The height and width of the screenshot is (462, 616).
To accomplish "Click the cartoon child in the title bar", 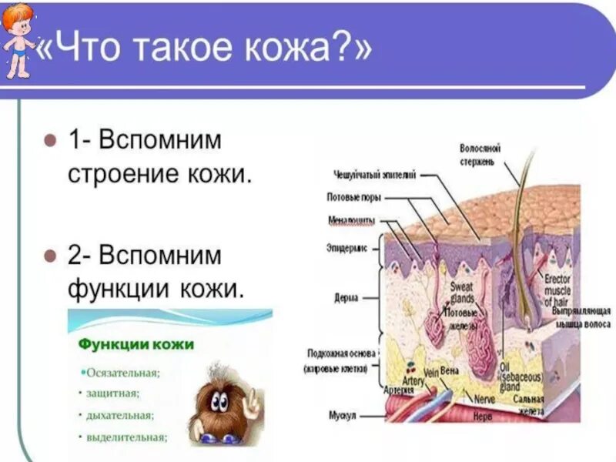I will click(18, 40).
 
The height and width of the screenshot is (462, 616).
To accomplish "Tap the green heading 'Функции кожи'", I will click(136, 343).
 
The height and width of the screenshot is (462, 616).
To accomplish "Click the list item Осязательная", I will click(122, 373).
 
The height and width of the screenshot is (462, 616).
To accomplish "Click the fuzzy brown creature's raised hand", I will click(253, 401).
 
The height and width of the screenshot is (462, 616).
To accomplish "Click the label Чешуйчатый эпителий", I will click(375, 175).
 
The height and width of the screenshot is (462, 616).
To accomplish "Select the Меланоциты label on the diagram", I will click(350, 219).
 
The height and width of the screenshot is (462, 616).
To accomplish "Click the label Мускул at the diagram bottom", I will click(341, 416).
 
